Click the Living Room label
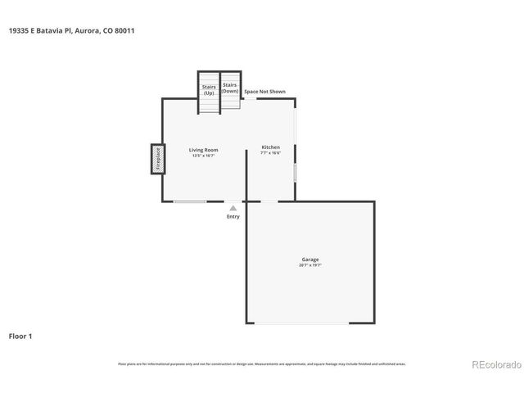[203, 150]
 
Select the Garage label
[310, 260]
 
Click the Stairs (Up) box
[209, 88]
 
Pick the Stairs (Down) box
[229, 88]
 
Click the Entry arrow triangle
[233, 208]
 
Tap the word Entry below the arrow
[233, 216]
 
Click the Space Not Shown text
[265, 92]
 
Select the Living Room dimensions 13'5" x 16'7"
[203, 156]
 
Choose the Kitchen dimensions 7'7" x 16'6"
[270, 153]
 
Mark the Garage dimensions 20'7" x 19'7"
[310, 265]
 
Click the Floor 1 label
[20, 336]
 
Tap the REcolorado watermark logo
[495, 364]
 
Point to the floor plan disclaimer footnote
[261, 364]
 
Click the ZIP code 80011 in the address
[124, 30]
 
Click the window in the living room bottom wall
[190, 201]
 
